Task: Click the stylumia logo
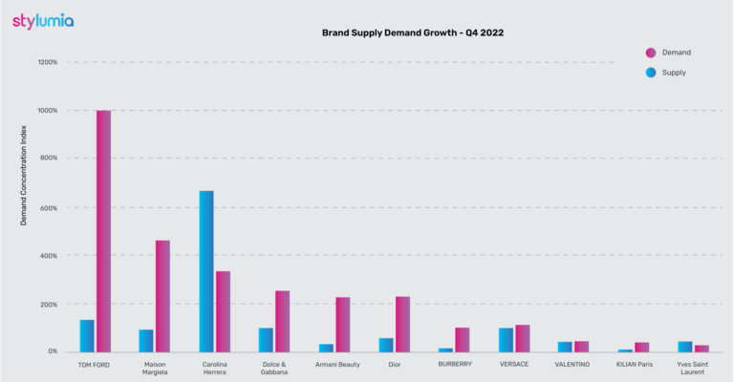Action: coord(43,20)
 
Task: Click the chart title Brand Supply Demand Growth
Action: coord(413,32)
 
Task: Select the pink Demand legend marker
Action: coord(651,53)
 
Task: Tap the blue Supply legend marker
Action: coord(651,73)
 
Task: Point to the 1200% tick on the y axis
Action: coord(47,62)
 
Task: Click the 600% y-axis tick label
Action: coord(48,207)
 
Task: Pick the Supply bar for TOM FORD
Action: coord(87,335)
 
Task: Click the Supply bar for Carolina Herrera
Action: coord(206,271)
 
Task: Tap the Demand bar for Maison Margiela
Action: coord(162,296)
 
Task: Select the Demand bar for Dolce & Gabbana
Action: coord(282,321)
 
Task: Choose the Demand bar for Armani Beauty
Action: coord(342,325)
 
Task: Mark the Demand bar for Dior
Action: coord(402,324)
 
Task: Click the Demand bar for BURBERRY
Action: coord(463,340)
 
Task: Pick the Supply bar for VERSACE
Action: coord(506,340)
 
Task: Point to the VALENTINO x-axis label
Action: coord(572,364)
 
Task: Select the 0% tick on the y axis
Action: coord(52,351)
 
